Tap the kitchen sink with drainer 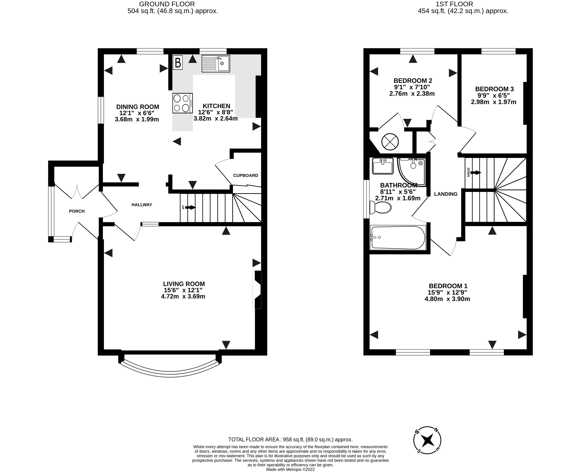(x=216, y=64)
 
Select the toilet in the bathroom (x=381, y=207)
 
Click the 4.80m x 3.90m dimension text (x=447, y=299)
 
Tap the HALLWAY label (x=142, y=205)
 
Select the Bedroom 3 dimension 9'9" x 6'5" (x=494, y=95)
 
